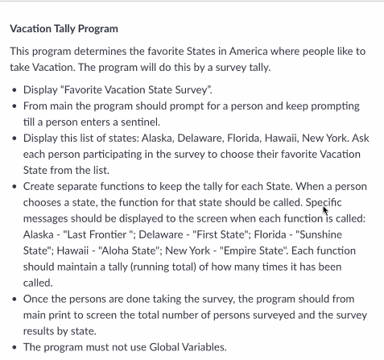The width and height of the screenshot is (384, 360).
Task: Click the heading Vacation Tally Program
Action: [64, 29]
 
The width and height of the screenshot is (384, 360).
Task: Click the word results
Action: [41, 330]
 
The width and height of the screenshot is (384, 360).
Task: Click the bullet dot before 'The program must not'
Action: [16, 347]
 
